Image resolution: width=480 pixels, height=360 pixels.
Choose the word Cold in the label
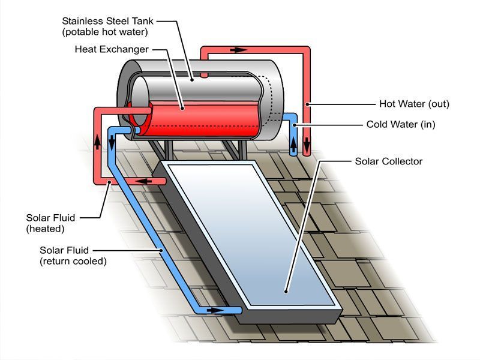[x=377, y=125]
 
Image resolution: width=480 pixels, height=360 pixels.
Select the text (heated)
[x=45, y=229]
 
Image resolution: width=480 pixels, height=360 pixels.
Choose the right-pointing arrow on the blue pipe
[x=214, y=310]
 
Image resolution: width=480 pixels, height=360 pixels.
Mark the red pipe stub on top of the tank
[x=204, y=75]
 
